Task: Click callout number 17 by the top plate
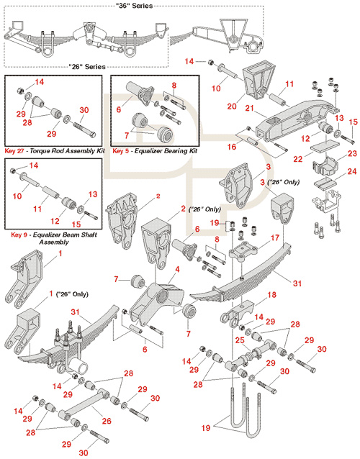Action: (x=275, y=238)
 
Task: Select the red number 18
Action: (x=272, y=295)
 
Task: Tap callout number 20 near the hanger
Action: (x=232, y=106)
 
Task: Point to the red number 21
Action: (x=249, y=109)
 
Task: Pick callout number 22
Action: (x=298, y=159)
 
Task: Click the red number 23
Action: (x=352, y=153)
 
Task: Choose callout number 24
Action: (x=352, y=171)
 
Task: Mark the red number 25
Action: (x=240, y=341)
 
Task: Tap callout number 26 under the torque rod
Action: (x=107, y=421)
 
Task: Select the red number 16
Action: (x=232, y=147)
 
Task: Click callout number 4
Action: (x=177, y=269)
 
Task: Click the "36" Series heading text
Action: (x=134, y=6)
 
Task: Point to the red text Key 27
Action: (x=14, y=151)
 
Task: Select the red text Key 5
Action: (x=120, y=151)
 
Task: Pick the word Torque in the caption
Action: (x=40, y=151)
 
